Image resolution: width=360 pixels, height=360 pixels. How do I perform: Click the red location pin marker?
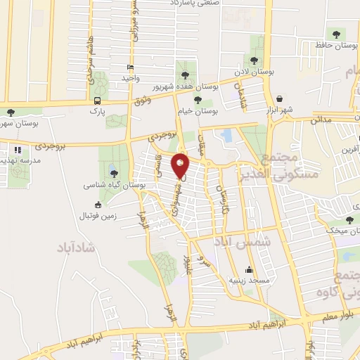pos(181,165)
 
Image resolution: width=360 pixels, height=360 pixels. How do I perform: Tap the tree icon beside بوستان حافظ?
pos(335,33)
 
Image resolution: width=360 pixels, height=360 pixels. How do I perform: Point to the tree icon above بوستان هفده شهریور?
pos(185,73)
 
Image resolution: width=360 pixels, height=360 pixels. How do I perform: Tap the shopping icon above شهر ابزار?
pos(281,98)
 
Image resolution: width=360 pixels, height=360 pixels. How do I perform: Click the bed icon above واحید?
pos(130,67)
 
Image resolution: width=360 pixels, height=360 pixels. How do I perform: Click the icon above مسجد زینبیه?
pos(248,269)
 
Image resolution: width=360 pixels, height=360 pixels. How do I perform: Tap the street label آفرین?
pos(350,149)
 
